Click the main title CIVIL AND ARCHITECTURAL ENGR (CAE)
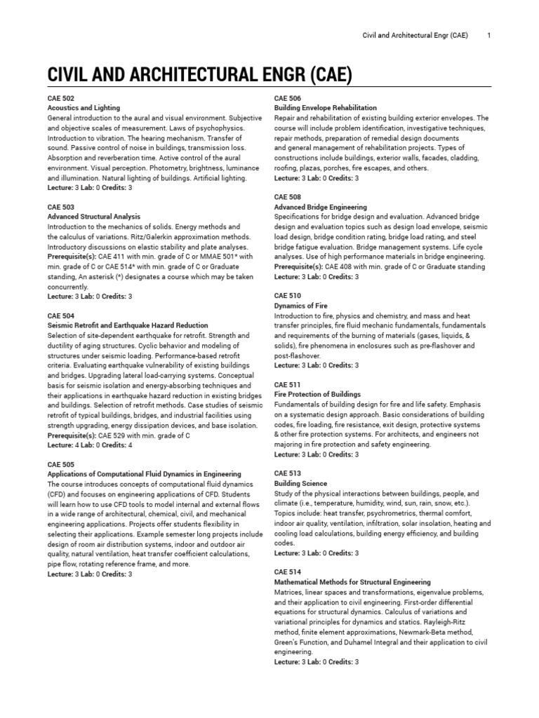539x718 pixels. tap(200, 74)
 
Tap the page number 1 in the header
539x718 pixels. tap(488, 34)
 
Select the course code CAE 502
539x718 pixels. tap(61, 99)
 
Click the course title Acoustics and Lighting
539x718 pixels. tap(84, 109)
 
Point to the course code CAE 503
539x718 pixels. tap(61, 208)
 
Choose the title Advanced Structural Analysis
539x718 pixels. tap(94, 217)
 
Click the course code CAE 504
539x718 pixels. tap(61, 316)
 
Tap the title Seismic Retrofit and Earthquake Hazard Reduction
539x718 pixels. tap(128, 326)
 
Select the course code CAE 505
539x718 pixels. tap(61, 465)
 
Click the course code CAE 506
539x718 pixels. tap(288, 99)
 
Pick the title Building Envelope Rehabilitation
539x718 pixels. tap(325, 109)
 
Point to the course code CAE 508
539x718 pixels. tap(288, 198)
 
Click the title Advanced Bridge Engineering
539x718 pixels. tap(320, 208)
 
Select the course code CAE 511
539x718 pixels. tap(288, 385)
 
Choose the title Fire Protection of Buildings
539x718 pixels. tap(318, 395)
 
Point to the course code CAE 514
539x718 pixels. tap(288, 573)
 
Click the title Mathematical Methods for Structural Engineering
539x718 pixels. tap(352, 583)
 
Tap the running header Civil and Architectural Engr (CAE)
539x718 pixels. tap(415, 34)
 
